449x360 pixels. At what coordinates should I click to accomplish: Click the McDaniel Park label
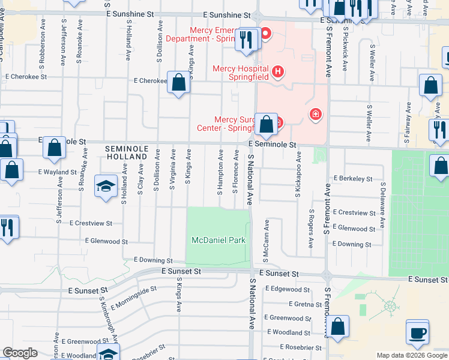[x=218, y=240]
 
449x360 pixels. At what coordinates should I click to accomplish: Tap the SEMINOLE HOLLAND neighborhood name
[x=126, y=152]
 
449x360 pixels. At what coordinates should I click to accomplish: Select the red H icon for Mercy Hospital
[x=277, y=72]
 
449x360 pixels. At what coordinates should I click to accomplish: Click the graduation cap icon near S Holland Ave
[x=106, y=187]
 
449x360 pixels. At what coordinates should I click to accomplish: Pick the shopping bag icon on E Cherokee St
[x=178, y=83]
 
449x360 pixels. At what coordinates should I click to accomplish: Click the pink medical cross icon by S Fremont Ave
[x=315, y=114]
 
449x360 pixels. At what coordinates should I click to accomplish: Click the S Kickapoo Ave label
[x=298, y=175]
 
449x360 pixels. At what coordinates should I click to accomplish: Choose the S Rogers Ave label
[x=311, y=229]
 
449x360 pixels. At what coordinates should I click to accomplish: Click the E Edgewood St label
[x=291, y=289]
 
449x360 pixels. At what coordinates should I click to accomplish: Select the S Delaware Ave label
[x=382, y=206]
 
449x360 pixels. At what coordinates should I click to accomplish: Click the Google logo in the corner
[x=20, y=353]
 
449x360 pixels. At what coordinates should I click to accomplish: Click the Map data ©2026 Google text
[x=412, y=355]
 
